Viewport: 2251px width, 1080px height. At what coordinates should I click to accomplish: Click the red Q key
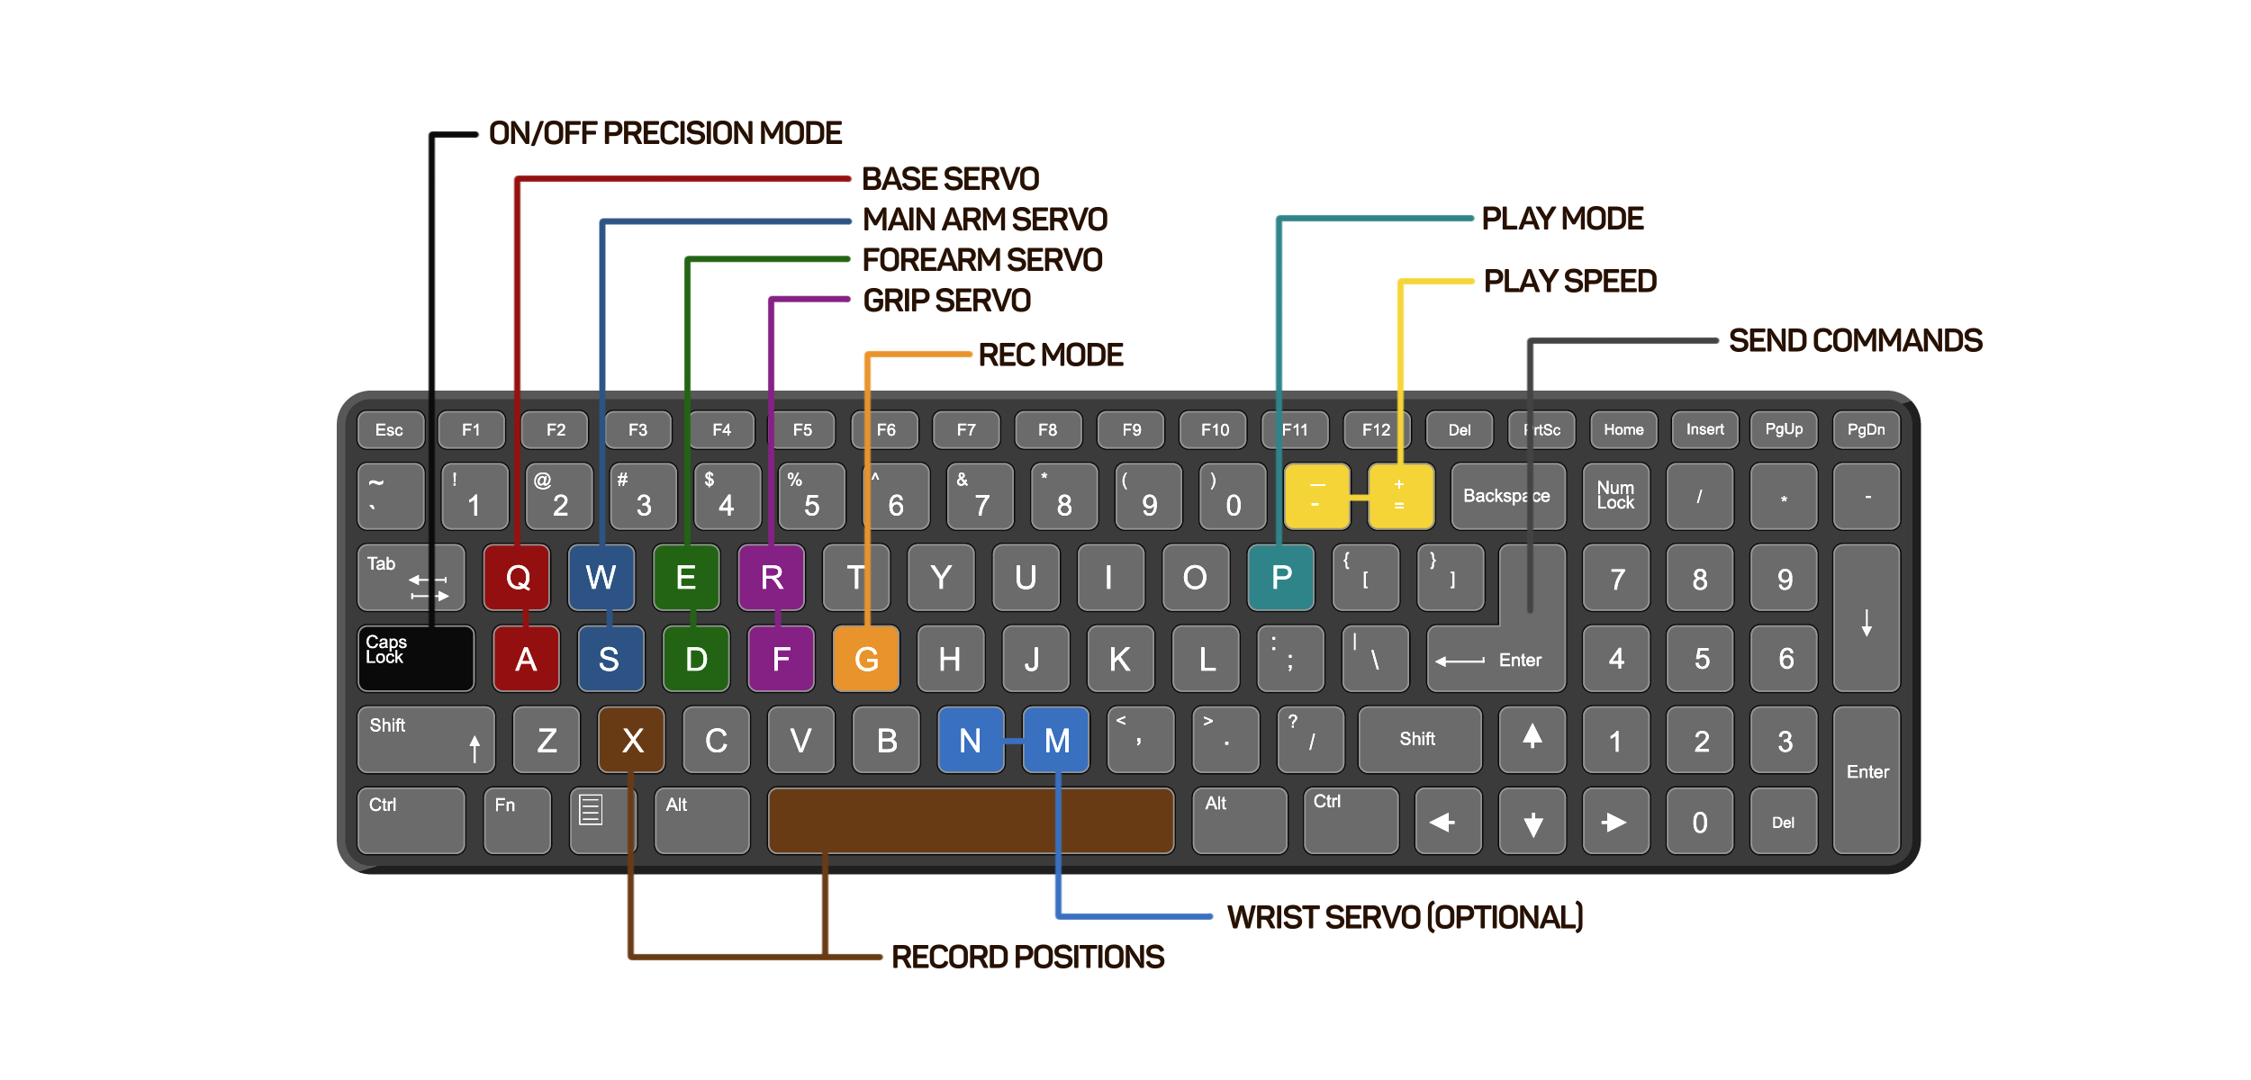tap(517, 578)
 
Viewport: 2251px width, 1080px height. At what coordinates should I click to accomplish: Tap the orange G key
tap(865, 660)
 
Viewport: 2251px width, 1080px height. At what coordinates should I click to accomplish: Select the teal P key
tap(1280, 578)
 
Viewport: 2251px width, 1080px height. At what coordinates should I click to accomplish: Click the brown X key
tap(632, 741)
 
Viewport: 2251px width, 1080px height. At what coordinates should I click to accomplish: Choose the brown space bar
tap(970, 821)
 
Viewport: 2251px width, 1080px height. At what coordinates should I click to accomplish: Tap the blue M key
tap(1056, 741)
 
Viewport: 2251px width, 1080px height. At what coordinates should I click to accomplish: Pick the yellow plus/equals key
tap(1400, 496)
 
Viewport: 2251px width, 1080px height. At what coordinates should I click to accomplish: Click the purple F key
tap(781, 660)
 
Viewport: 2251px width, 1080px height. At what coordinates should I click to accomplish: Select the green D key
tap(695, 660)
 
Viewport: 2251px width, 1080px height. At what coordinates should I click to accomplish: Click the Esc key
tap(389, 430)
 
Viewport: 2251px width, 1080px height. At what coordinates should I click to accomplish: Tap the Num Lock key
tap(1615, 496)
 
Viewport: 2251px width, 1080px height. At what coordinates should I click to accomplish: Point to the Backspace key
tap(1506, 496)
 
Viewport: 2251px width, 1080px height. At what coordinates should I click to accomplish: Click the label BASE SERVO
tap(950, 179)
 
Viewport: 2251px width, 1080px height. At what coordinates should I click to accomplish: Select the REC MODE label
tap(1050, 355)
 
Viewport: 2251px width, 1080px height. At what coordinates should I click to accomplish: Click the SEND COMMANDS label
tap(1855, 341)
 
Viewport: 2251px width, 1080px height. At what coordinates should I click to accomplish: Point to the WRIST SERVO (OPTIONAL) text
tap(1405, 917)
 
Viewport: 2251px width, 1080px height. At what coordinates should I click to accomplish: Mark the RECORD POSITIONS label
tap(1027, 957)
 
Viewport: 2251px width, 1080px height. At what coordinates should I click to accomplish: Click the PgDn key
tap(1866, 430)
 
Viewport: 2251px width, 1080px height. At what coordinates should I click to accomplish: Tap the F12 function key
tap(1375, 430)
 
